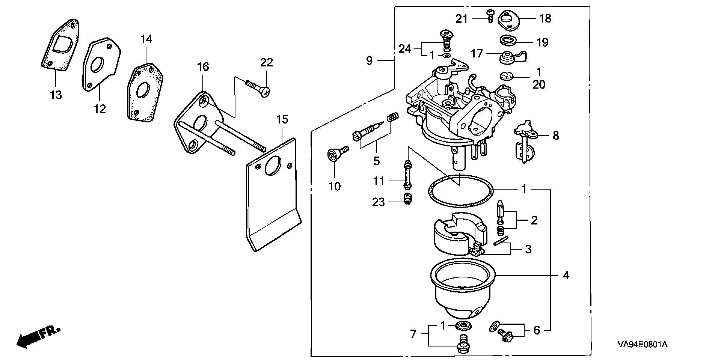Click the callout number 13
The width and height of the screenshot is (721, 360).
click(x=56, y=95)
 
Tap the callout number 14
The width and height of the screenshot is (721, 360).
click(x=146, y=39)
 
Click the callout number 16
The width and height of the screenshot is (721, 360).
click(x=203, y=67)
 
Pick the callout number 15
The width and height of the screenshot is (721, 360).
click(x=282, y=120)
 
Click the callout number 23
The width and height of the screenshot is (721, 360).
click(x=379, y=202)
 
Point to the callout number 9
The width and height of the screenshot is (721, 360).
click(x=369, y=60)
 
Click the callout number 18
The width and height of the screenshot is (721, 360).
click(x=545, y=18)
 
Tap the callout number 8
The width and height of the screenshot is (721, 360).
click(x=556, y=135)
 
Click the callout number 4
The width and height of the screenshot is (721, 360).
click(x=566, y=276)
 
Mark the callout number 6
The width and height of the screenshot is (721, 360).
click(x=537, y=331)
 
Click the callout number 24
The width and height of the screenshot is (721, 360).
click(x=404, y=49)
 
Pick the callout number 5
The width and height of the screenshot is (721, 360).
click(x=376, y=161)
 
